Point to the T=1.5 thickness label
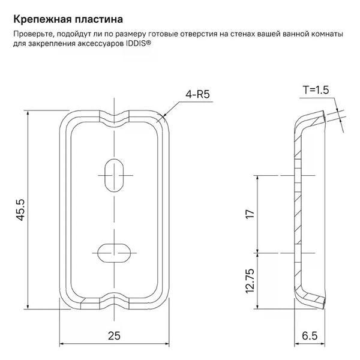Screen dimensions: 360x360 coord(316,90)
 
